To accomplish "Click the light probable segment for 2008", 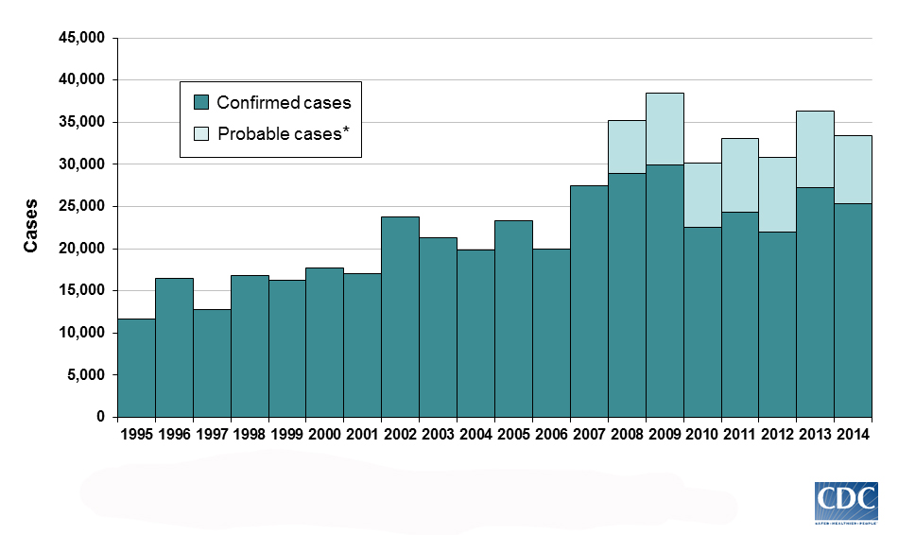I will [627, 147].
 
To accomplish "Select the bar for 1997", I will [212, 363].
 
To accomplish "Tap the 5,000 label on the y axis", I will [85, 375].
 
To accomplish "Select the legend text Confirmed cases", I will [284, 102].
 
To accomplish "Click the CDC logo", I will [846, 502].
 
